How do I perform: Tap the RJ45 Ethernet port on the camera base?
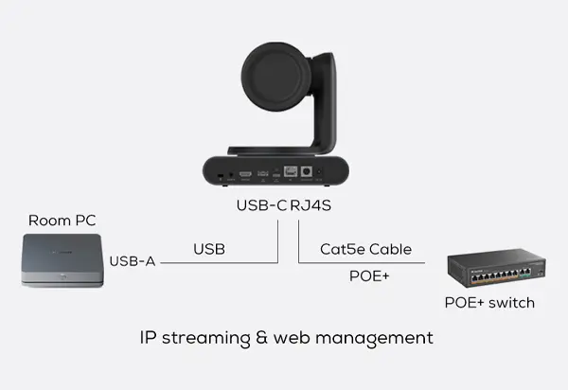pos(293,173)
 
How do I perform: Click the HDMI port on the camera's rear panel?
pos(245,175)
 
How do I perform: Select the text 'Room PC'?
pos(62,221)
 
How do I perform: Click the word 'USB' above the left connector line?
pos(209,249)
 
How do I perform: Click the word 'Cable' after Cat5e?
pos(389,249)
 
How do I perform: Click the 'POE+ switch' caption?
pos(489,303)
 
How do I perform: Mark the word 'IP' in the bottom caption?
pos(147,337)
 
